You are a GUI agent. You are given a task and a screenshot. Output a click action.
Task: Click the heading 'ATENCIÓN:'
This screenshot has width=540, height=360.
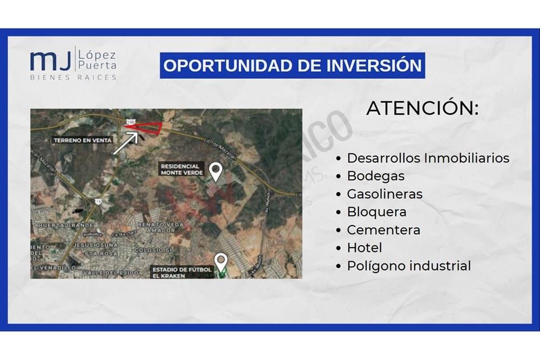tap(422, 108)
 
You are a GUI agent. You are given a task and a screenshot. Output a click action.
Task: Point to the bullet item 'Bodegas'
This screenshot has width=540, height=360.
tap(375, 176)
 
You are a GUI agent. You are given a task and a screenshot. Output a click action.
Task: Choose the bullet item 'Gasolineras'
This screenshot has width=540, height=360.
tap(384, 194)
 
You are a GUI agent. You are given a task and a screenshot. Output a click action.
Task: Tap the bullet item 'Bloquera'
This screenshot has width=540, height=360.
tap(376, 212)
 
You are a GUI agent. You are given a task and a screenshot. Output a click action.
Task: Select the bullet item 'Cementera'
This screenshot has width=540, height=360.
tap(383, 230)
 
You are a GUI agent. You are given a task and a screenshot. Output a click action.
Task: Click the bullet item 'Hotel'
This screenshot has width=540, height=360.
tap(364, 248)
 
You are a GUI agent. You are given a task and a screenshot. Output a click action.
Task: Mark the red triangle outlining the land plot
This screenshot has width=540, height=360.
tap(145, 126)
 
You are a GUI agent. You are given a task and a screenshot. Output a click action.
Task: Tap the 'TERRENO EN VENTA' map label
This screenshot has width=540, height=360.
tap(83, 140)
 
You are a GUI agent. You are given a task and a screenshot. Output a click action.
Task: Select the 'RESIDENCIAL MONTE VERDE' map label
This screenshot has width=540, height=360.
tap(181, 169)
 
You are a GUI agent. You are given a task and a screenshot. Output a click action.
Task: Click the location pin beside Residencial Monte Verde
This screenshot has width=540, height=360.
tap(216, 171)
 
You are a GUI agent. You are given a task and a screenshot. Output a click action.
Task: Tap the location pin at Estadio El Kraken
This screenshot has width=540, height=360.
tap(220, 261)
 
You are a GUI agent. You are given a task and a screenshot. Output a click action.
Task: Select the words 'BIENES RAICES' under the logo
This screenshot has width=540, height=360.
tap(73, 77)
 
